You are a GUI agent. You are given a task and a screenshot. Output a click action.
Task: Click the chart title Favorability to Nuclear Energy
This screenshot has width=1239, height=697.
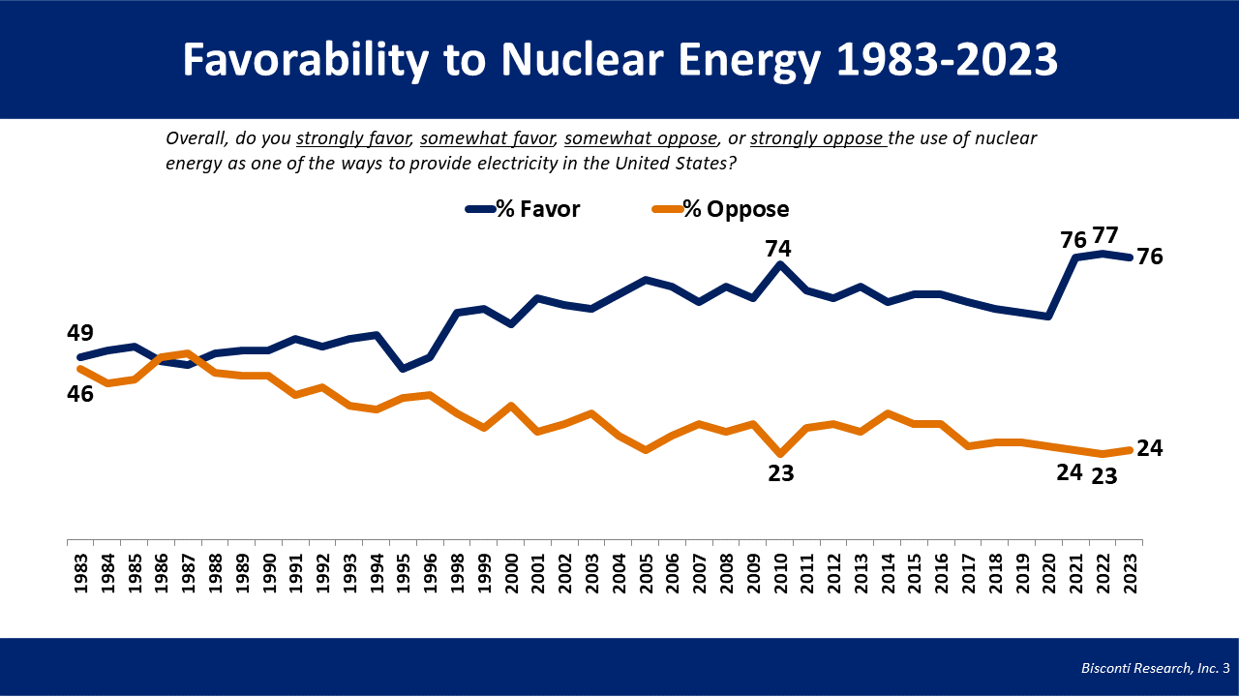click(x=619, y=60)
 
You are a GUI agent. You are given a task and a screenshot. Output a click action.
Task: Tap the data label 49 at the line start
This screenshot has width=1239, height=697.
click(x=80, y=334)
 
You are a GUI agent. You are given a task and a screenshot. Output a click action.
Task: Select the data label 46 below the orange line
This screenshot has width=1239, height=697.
click(x=80, y=394)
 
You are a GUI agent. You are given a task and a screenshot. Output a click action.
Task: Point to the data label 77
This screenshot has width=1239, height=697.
click(x=1105, y=235)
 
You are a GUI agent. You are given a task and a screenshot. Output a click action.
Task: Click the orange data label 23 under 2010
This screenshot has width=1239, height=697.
click(x=780, y=474)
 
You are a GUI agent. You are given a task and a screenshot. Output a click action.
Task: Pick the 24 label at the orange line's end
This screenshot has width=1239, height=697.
click(x=1150, y=448)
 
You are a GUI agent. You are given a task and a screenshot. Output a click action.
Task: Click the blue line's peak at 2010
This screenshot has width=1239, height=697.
click(x=780, y=264)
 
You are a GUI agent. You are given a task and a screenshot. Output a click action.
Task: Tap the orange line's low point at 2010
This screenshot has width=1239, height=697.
click(x=780, y=453)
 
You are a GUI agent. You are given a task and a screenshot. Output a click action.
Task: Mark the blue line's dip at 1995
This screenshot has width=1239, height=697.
click(x=403, y=369)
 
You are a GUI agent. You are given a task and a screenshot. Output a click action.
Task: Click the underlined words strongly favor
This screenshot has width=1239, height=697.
click(x=354, y=138)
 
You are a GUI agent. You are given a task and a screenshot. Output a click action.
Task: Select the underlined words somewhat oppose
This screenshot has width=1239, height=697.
click(x=640, y=138)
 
